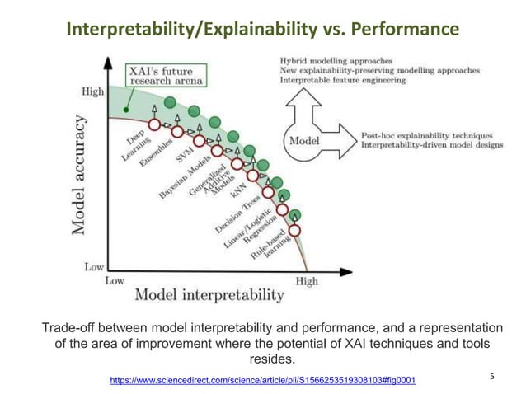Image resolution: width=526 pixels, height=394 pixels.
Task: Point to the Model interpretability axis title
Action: click(209, 294)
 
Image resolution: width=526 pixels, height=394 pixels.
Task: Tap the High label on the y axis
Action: click(93, 91)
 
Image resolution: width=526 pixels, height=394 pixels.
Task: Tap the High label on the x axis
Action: click(306, 281)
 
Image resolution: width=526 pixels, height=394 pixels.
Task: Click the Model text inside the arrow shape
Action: click(302, 141)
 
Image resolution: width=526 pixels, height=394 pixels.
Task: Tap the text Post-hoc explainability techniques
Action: click(426, 135)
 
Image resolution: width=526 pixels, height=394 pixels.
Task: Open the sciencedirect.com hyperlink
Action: click(262, 380)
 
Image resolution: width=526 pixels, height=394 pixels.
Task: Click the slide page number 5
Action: click(492, 377)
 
